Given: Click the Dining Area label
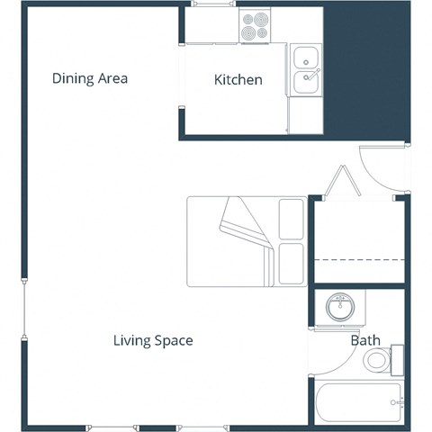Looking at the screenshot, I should tap(90, 78).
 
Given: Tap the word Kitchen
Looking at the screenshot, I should tap(238, 80).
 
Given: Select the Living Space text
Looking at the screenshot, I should tap(153, 341).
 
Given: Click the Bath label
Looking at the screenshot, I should tap(365, 341).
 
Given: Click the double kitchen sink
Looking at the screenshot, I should tap(306, 70).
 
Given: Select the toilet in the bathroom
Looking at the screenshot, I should tap(379, 362).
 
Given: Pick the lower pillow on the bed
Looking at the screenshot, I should tap(292, 263).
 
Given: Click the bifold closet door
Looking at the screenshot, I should tap(342, 182).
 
